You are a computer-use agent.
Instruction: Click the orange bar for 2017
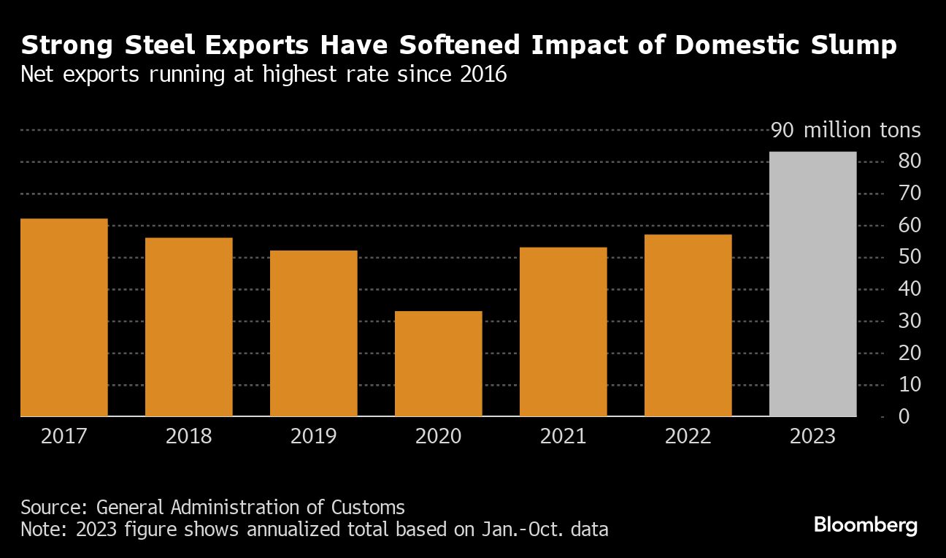(x=64, y=318)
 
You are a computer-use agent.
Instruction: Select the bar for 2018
(x=189, y=327)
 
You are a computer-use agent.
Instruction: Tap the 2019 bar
(x=314, y=334)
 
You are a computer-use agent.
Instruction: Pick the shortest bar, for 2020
(x=439, y=364)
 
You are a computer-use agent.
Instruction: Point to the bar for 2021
(x=564, y=332)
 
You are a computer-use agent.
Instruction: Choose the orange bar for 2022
(x=688, y=326)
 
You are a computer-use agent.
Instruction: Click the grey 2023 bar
(x=813, y=284)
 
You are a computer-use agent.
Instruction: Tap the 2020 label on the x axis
(x=439, y=437)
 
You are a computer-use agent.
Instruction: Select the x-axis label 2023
(x=813, y=437)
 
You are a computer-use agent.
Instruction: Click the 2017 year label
(x=64, y=437)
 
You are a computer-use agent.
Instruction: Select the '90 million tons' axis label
(x=846, y=131)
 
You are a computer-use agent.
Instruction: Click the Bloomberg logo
(x=866, y=525)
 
